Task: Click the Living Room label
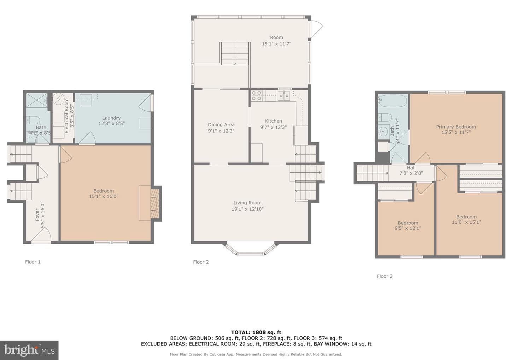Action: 247,206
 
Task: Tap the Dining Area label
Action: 221,128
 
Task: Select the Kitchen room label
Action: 273,124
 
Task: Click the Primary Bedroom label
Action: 456,129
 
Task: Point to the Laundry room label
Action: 111,120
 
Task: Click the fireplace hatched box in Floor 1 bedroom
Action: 154,203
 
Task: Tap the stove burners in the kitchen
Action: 256,96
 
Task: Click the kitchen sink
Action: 284,96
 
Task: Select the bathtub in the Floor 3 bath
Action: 393,101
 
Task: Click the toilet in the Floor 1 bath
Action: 33,120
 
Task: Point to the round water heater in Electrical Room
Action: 58,99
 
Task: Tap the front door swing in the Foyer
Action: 41,234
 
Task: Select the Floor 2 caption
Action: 201,262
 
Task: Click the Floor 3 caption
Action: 385,276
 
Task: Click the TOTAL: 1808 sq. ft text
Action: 256,332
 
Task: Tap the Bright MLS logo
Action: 29,350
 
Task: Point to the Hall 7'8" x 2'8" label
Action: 411,170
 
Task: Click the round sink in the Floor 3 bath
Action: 383,131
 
